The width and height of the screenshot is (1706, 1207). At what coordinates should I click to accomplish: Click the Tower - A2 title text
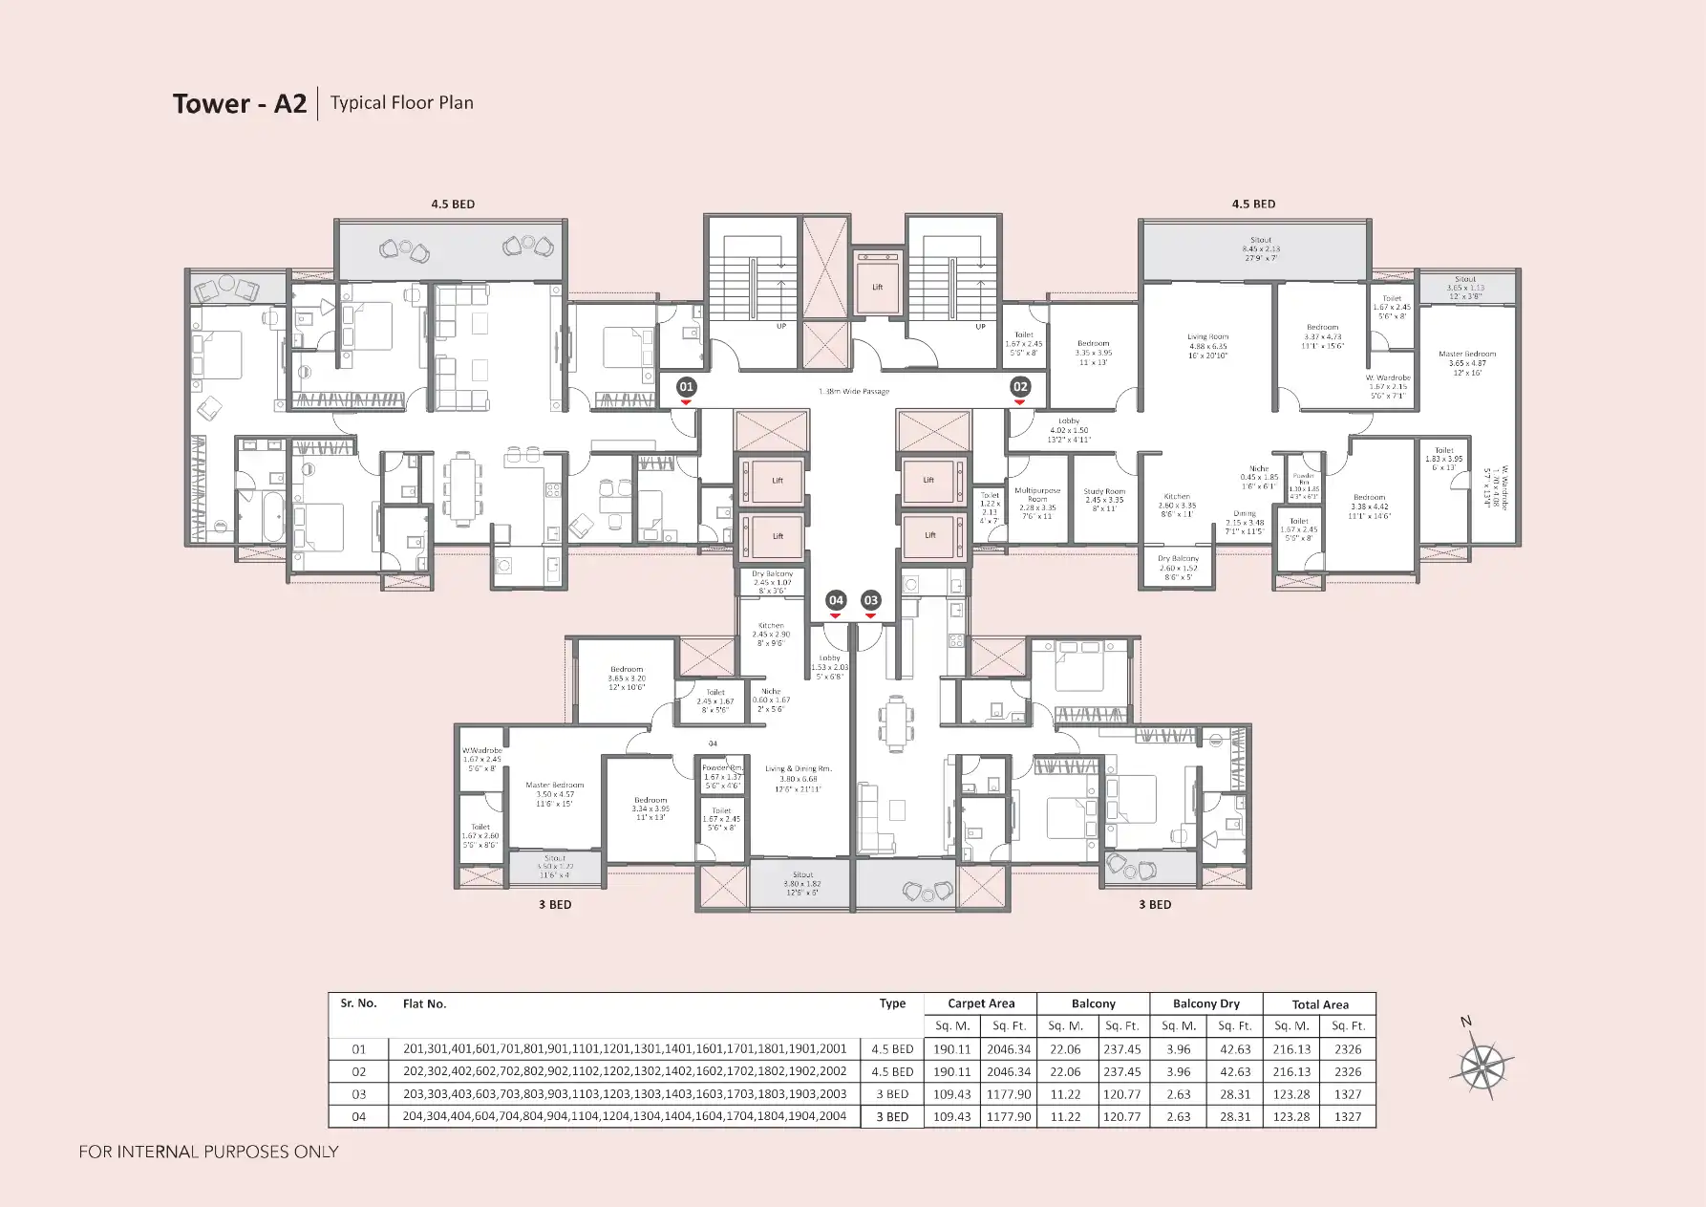tap(239, 103)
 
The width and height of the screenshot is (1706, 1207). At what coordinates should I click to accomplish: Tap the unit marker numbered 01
tap(686, 387)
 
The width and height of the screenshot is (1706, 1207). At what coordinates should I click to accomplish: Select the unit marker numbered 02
tap(1020, 386)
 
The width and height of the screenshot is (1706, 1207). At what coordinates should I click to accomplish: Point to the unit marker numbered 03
tap(870, 600)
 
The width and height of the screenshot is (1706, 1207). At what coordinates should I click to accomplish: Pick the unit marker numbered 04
tap(836, 600)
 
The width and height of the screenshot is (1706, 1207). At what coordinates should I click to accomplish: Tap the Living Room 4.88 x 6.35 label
tap(1207, 346)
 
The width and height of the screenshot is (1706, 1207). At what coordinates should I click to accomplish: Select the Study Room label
tap(1104, 500)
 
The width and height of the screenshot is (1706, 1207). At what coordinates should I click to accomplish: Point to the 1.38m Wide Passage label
tap(854, 392)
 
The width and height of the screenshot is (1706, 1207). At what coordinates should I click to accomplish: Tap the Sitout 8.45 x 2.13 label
tap(1261, 248)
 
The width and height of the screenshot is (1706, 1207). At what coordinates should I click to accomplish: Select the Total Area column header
tap(1320, 1004)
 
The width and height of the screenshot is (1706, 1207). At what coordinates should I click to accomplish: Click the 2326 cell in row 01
tap(1348, 1049)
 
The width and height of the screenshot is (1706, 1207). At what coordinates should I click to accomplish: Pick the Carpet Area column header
tap(981, 1003)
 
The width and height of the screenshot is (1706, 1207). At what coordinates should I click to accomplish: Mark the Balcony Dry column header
tap(1205, 1003)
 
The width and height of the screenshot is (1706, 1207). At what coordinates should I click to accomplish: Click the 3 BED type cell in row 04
tap(892, 1117)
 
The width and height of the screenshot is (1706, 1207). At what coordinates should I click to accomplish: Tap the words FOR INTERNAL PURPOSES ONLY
tap(208, 1152)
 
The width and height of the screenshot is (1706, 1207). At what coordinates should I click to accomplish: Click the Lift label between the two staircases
tap(877, 287)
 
